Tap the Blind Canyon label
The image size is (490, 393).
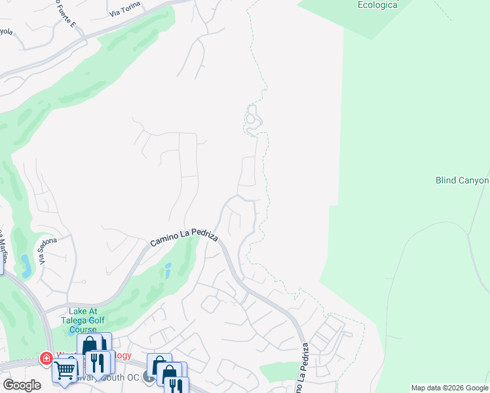click(x=462, y=180)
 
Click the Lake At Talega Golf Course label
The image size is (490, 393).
click(x=83, y=320)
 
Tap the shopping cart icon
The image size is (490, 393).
click(x=64, y=370)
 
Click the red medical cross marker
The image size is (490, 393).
click(x=46, y=358)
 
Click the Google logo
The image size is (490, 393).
click(x=21, y=385)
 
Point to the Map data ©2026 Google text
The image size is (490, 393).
click(x=449, y=388)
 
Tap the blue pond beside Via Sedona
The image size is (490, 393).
click(x=26, y=265)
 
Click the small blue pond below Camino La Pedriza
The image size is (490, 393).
click(x=168, y=270)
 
